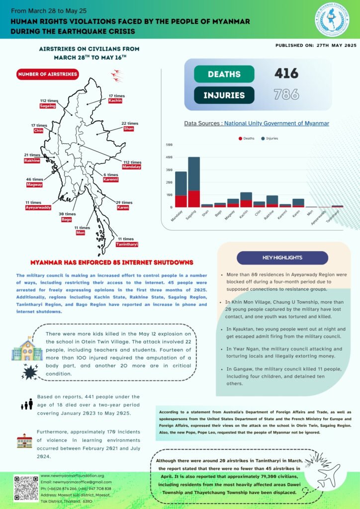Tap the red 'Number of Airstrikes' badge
pyautogui.click(x=48, y=75)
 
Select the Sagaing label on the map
pyautogui.click(x=48, y=106)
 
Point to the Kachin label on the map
pyautogui.click(x=115, y=101)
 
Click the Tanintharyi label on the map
pyautogui.click(x=127, y=245)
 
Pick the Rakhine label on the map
pyautogui.click(x=32, y=161)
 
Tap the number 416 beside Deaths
pyautogui.click(x=286, y=74)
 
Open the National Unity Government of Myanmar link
pyautogui.click(x=276, y=123)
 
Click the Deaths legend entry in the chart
pyautogui.click(x=247, y=138)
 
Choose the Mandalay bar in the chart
pyautogui.click(x=181, y=189)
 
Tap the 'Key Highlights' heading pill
pyautogui.click(x=282, y=257)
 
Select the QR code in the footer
pyautogui.click(x=26, y=488)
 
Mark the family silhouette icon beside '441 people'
pyautogui.click(x=26, y=404)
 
